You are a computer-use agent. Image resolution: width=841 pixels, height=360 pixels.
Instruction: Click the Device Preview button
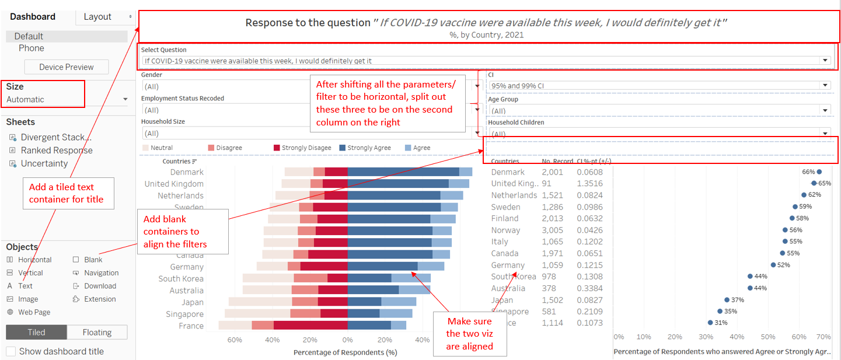coord(67,67)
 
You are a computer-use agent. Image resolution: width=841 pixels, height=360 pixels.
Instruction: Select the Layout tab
coord(97,16)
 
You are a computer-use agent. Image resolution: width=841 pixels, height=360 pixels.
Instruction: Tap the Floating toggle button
coord(97,333)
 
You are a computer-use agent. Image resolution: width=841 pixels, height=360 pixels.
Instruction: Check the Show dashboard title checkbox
coord(11,351)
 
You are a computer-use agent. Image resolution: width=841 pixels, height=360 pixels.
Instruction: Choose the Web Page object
coord(34,312)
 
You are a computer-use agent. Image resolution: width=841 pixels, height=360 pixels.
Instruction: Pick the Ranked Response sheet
coord(57,151)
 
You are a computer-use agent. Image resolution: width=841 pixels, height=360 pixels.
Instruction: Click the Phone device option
coord(31,48)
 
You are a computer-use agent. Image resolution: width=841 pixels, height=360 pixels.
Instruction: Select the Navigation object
coord(101,273)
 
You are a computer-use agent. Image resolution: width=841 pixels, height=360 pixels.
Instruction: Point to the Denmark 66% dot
coord(819,172)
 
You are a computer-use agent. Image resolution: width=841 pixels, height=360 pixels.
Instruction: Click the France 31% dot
coord(710,323)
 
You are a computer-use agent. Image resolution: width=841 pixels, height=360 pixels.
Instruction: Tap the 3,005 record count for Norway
coord(553,230)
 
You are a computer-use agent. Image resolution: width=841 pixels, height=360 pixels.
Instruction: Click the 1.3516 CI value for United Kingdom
coord(589,184)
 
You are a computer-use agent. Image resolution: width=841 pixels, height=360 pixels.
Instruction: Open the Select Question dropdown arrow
coord(825,61)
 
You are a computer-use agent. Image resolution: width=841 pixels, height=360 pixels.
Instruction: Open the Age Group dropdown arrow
coord(825,110)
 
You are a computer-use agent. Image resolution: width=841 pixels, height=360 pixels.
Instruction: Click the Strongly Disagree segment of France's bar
coord(310,326)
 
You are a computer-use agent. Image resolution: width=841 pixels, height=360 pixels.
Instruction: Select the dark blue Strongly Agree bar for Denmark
coord(403,172)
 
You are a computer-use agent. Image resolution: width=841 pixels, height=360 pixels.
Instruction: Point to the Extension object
coord(100,299)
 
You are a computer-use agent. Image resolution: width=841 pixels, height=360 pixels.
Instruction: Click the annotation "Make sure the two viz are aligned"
coord(469,334)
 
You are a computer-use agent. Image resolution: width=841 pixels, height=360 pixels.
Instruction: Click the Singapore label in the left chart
coord(184,314)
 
